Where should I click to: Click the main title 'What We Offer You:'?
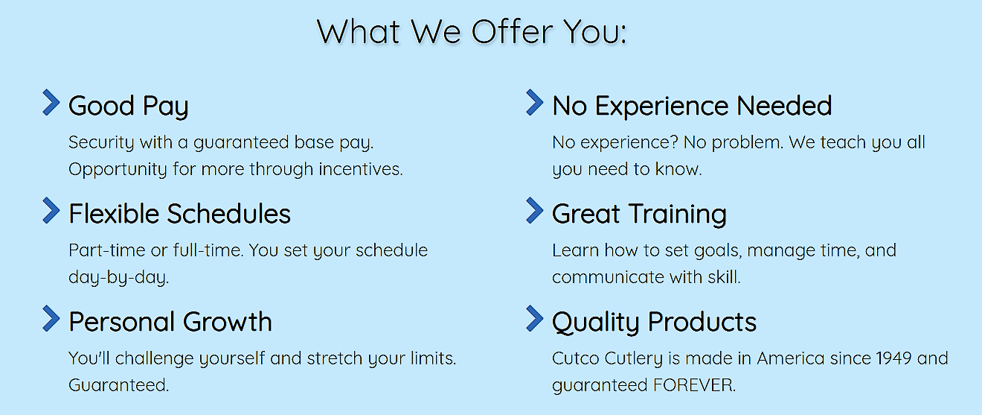(472, 31)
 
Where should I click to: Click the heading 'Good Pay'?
(129, 107)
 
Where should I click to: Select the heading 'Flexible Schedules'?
(180, 214)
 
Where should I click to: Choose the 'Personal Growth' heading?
(170, 322)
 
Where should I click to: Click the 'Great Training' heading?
(639, 215)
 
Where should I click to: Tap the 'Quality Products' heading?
(654, 323)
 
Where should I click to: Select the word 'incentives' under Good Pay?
(360, 169)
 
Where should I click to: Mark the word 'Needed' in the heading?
(784, 106)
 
